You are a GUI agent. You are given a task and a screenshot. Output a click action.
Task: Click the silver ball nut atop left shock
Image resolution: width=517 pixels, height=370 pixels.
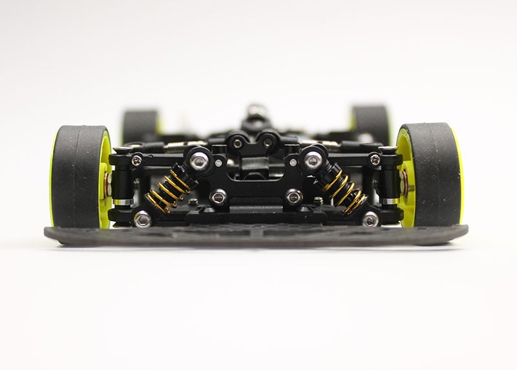tap(199, 161)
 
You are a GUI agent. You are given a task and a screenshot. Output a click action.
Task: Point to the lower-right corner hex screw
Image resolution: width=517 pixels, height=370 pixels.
tap(370, 219)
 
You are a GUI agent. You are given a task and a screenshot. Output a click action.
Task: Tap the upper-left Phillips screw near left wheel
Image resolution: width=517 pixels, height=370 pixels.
tap(136, 159)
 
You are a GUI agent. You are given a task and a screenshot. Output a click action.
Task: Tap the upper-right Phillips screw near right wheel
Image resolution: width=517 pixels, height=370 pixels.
tap(375, 159)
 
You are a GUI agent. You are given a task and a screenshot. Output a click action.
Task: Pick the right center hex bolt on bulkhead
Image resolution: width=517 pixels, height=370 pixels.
tap(293, 197)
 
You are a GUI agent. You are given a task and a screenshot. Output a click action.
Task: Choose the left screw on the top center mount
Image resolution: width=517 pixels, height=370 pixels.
tap(238, 142)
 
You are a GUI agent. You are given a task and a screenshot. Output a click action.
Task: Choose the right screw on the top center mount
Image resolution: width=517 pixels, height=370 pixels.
tap(268, 142)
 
